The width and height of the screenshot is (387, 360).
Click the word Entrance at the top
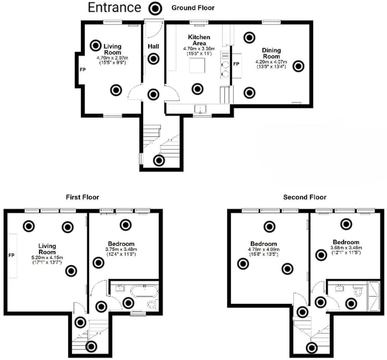tap(114, 8)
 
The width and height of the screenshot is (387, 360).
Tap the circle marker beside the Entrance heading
tap(155, 8)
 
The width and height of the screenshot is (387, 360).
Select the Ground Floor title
tap(193, 8)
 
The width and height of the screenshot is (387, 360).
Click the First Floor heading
tap(82, 197)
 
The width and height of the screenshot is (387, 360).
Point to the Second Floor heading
tap(304, 197)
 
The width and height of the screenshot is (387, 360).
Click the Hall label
tap(153, 46)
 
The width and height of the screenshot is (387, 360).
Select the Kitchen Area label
tap(199, 40)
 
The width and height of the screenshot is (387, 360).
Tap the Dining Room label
tap(271, 53)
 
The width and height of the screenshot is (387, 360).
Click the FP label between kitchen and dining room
tap(236, 64)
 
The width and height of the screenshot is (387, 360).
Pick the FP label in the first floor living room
tap(11, 255)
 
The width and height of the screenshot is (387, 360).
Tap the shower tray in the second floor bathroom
tap(374, 296)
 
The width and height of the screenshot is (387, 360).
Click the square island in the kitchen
tap(198, 65)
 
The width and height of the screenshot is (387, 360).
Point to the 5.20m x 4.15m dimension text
tap(47, 257)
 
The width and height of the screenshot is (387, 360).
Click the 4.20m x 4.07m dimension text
tap(271, 62)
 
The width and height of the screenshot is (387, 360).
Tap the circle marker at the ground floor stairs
tap(159, 161)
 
